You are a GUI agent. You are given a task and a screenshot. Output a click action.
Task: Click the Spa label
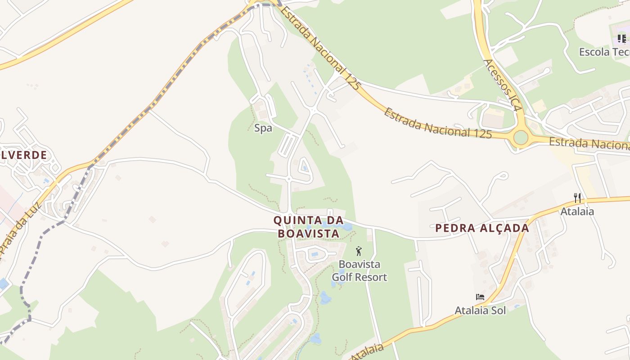point(263,128)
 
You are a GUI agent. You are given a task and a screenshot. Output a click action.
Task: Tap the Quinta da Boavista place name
point(308,227)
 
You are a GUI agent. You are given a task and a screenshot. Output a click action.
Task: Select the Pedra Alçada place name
point(482,228)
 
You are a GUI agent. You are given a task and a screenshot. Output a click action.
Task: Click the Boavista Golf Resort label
point(359,270)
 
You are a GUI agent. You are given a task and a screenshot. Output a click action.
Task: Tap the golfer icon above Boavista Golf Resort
point(359,251)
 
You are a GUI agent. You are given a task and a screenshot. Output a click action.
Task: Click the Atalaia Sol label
point(480,310)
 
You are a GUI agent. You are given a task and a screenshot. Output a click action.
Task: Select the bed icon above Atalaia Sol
point(480,297)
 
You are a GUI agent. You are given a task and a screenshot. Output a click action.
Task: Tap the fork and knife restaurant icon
point(577,198)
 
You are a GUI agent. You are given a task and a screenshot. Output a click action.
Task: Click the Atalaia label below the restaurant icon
point(577,211)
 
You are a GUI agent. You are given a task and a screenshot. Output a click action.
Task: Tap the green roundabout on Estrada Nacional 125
point(521,137)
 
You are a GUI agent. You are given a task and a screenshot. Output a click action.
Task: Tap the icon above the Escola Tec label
point(621,39)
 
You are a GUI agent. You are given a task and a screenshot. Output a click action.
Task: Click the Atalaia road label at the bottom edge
point(367,351)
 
